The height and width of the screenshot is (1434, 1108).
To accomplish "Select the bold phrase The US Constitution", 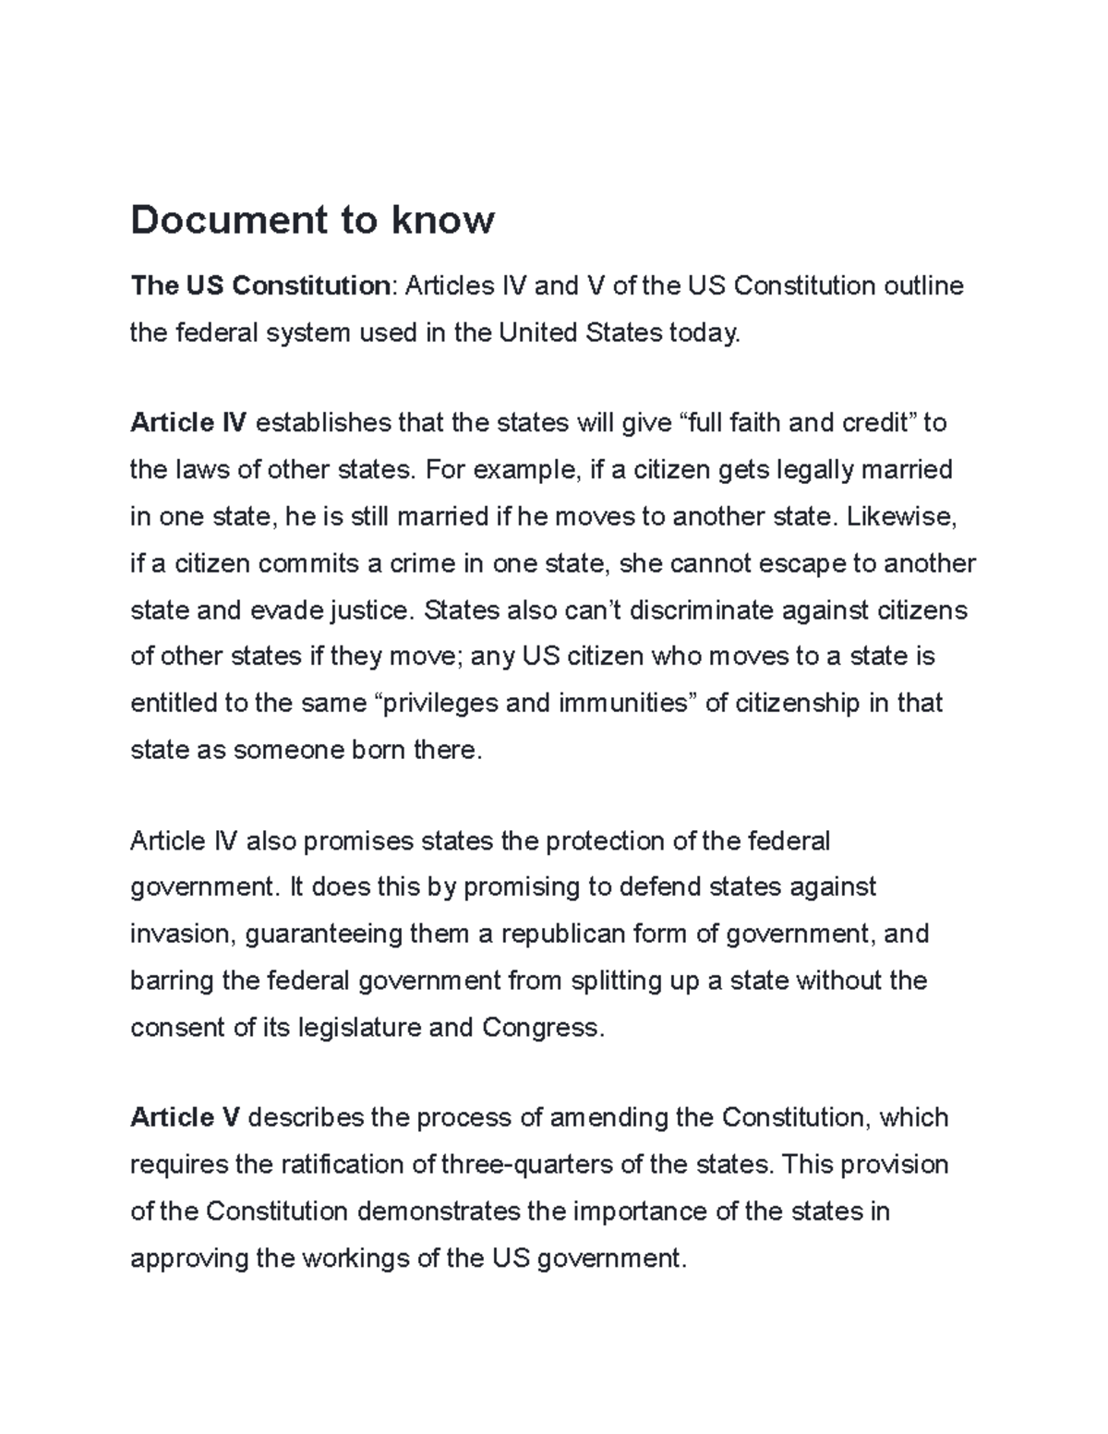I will click(259, 286).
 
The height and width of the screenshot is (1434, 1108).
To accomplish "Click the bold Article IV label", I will click(188, 423).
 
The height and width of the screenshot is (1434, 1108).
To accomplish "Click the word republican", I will click(562, 934).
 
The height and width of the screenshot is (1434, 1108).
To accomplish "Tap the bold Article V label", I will click(185, 1118).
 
